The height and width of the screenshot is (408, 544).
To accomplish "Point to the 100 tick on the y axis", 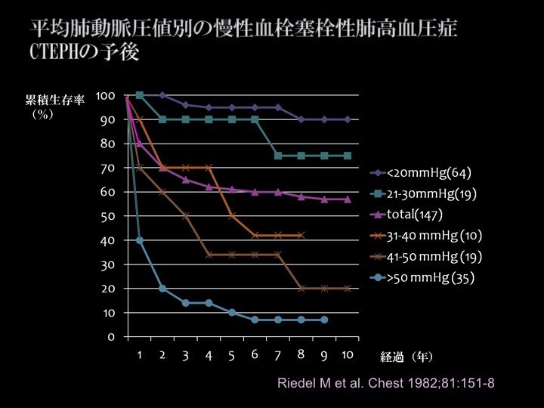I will tap(105, 95).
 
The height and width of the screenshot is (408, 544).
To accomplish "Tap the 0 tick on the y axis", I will tap(111, 336).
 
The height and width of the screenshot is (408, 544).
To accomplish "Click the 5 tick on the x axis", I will tap(232, 355).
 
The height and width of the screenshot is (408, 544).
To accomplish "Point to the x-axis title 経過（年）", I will tap(406, 355).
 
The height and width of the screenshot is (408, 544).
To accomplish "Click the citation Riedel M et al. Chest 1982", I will tap(387, 383).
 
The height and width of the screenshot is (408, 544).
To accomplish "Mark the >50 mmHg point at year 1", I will tap(140, 240).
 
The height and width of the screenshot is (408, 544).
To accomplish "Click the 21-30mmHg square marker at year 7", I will tap(278, 156).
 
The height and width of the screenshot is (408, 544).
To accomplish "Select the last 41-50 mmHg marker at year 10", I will tap(348, 288).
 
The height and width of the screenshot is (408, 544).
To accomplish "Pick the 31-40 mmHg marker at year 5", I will tap(232, 216).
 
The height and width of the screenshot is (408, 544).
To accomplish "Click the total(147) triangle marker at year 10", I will tap(348, 199).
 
